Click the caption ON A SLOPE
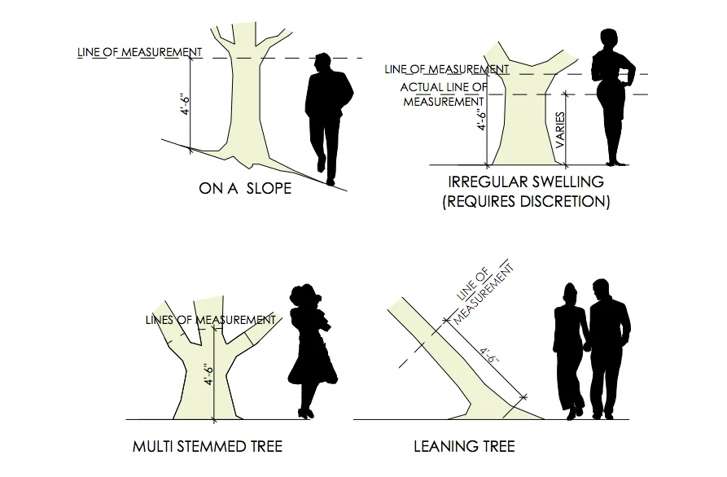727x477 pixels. click(245, 189)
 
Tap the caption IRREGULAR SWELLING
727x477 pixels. click(525, 181)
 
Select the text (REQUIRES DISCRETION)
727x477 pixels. click(525, 201)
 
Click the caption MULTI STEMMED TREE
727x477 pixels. click(207, 447)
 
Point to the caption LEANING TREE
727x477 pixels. click(464, 447)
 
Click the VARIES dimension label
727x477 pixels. click(560, 129)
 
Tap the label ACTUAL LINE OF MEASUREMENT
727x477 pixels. click(444, 94)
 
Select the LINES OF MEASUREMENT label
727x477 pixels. click(210, 319)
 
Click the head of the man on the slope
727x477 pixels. click(323, 63)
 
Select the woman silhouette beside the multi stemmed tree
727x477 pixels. click(312, 350)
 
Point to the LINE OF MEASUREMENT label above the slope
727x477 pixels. click(139, 52)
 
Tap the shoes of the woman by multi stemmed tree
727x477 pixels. click(305, 413)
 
